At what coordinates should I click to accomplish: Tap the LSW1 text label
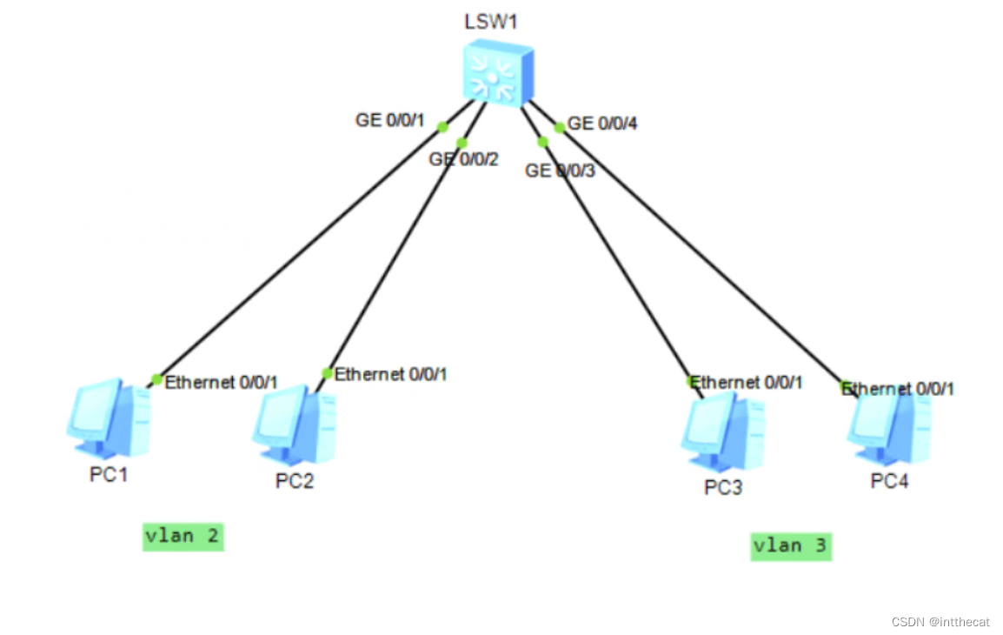pos(490,22)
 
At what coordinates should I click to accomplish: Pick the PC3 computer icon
pos(722,432)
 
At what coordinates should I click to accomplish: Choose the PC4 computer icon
pos(888,428)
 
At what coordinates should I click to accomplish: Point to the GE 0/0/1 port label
pos(389,120)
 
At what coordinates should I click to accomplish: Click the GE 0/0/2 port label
pos(464,159)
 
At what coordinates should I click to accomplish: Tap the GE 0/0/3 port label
pos(560,170)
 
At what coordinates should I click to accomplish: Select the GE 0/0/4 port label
pos(602,124)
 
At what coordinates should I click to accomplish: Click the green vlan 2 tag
pos(183,536)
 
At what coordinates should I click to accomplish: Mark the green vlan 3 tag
pos(790,545)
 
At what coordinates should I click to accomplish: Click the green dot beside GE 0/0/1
pos(442,127)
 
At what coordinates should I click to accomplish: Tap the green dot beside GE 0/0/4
pos(559,127)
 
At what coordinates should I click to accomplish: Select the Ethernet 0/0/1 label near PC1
pos(221,382)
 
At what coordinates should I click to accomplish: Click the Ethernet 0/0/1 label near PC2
pos(391,374)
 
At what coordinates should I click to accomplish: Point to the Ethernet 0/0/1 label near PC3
pos(747,382)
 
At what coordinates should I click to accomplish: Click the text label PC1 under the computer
pos(109,476)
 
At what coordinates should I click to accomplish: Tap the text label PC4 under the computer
pos(889,481)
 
